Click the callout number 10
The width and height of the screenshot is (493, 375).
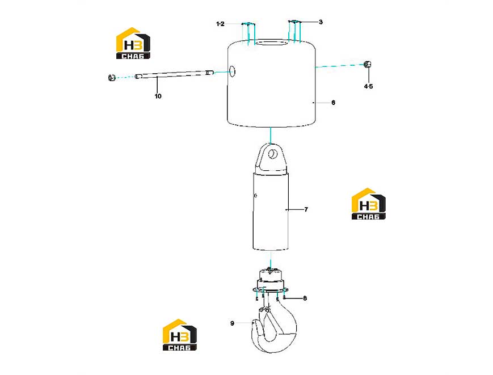point(158,96)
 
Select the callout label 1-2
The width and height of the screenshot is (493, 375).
point(221,24)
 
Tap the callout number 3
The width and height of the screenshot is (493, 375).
point(321,22)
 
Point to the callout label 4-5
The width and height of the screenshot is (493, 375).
point(369,86)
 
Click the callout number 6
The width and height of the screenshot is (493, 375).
point(333,103)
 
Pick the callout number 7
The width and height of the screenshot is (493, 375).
point(306,209)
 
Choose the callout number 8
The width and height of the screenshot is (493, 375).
point(305,298)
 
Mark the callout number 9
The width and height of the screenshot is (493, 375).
point(232,323)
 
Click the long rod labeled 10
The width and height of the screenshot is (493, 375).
point(175,74)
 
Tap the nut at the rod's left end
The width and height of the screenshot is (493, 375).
point(111,77)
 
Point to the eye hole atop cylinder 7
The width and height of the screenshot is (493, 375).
point(272,154)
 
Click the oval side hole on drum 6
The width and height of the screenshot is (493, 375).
point(233,71)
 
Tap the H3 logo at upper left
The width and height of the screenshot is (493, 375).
point(133,43)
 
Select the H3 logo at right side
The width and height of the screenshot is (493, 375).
point(369,204)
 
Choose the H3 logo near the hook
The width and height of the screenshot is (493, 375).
point(179,335)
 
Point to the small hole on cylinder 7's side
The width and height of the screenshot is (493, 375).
point(255,196)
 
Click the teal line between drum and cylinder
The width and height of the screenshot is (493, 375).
point(270,135)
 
